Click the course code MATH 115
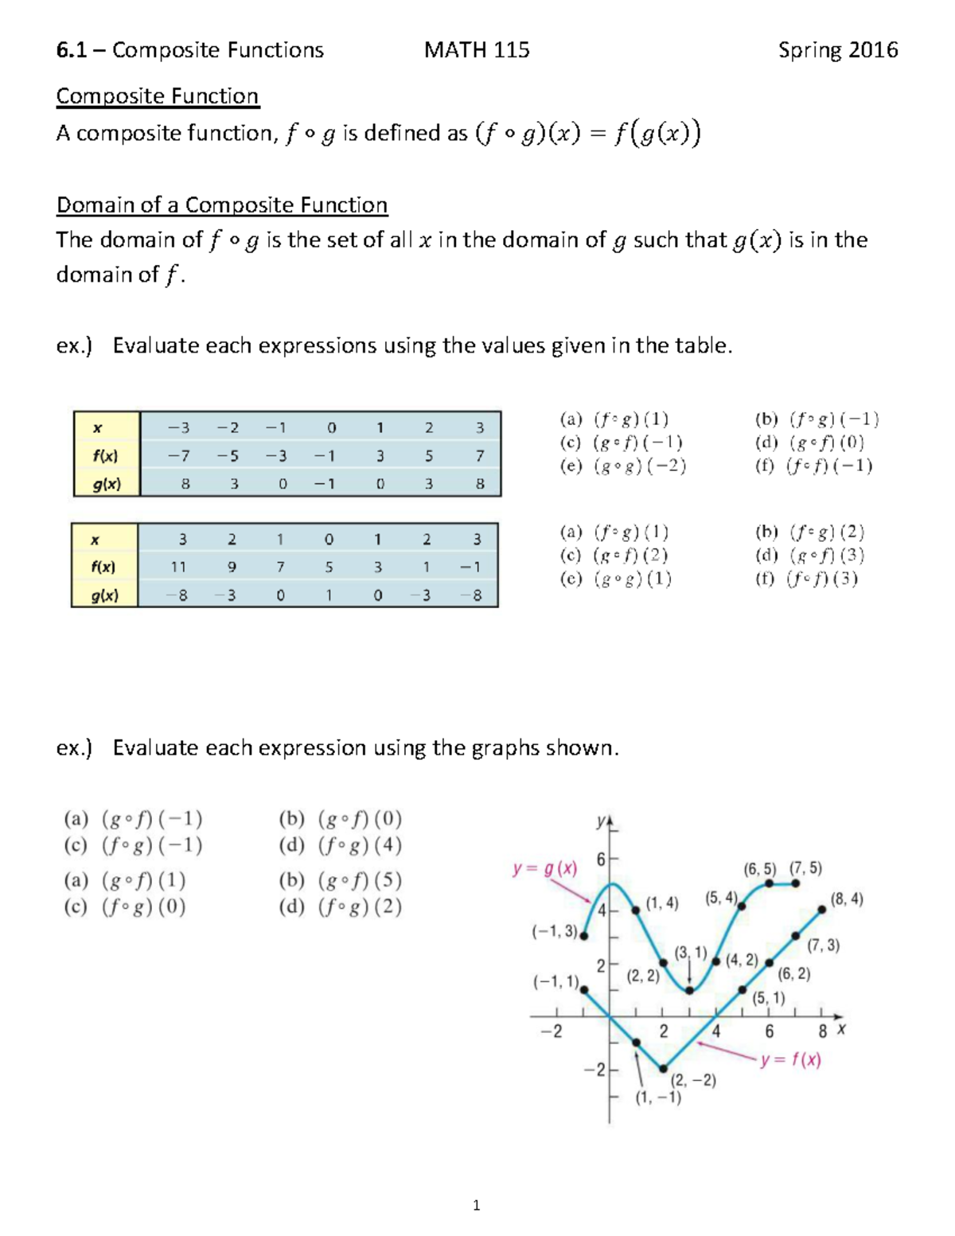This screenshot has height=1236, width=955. tap(477, 50)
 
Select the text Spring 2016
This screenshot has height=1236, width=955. tap(837, 50)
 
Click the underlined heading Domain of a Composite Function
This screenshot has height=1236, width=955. tap(222, 205)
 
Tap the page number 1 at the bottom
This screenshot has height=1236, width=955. tap(476, 1205)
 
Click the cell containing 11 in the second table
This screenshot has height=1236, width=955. tap(178, 567)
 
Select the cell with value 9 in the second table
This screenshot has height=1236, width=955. tap(232, 567)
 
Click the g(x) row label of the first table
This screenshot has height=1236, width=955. tap(107, 484)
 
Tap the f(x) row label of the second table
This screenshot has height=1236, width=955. tap(103, 567)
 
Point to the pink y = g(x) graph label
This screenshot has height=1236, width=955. tap(545, 868)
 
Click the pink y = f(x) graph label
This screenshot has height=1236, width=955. tap(789, 1060)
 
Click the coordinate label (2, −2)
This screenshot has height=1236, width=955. tap(693, 1080)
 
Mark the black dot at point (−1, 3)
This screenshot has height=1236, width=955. tap(584, 936)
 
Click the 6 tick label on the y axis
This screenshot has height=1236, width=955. tap(601, 860)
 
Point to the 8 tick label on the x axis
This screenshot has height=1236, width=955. tap(822, 1031)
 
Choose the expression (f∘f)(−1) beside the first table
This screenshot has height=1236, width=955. tap(813, 466)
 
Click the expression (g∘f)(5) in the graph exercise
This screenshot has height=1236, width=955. tap(341, 880)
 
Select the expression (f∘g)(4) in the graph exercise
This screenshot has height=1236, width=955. tap(341, 845)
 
